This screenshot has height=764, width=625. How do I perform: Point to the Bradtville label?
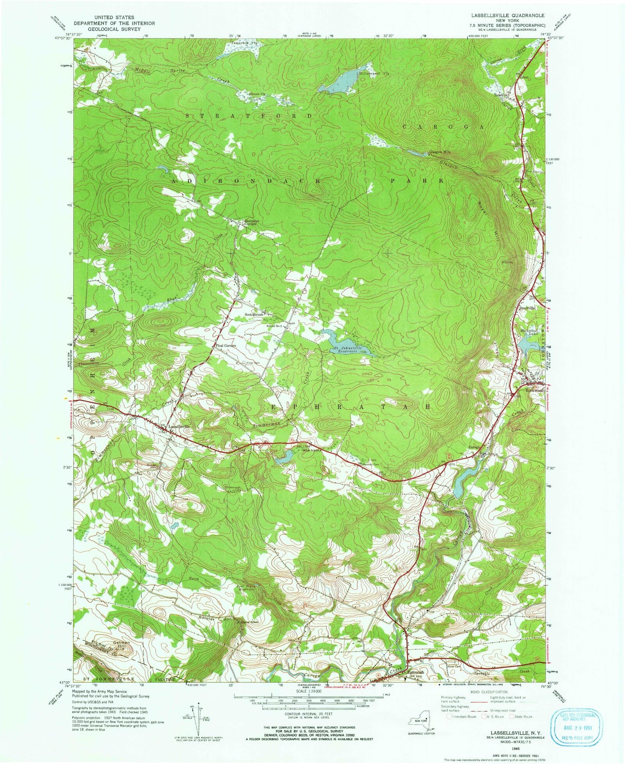pyautogui.click(x=527, y=308)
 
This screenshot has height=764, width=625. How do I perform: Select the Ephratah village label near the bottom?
pyautogui.click(x=415, y=673)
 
